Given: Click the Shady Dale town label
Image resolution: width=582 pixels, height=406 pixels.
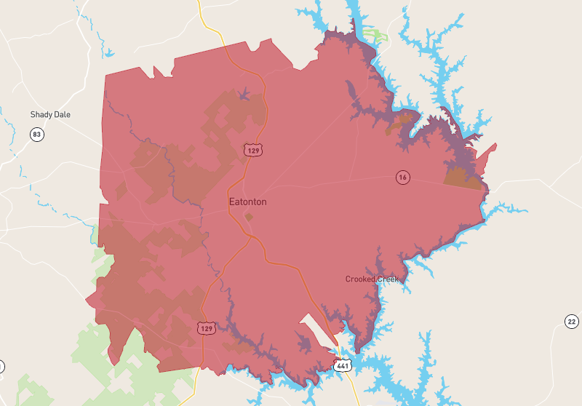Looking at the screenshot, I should coord(50,115).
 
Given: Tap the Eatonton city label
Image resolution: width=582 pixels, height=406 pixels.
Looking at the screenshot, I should coord(247,202).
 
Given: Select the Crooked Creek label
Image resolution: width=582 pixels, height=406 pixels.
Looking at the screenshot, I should coord(372,279).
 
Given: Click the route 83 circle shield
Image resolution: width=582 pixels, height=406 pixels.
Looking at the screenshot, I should coord(36,134).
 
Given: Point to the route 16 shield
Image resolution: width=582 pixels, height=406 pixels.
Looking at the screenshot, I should coord(402,177).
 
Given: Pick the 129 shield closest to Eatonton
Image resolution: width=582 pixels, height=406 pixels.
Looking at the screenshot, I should coord(252,150).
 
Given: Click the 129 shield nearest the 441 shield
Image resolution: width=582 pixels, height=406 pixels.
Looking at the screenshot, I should coord(206,328).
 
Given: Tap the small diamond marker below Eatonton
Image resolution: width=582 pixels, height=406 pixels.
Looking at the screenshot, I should coord(249,217).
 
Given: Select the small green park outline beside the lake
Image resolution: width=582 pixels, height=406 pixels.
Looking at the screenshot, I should coord(376,34).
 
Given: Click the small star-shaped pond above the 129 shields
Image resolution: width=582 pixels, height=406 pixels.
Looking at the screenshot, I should coord(244,93).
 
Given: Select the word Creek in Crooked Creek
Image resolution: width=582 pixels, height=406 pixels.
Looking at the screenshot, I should coord(388,279).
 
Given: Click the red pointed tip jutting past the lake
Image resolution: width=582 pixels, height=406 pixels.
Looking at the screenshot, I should coord(493,147).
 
